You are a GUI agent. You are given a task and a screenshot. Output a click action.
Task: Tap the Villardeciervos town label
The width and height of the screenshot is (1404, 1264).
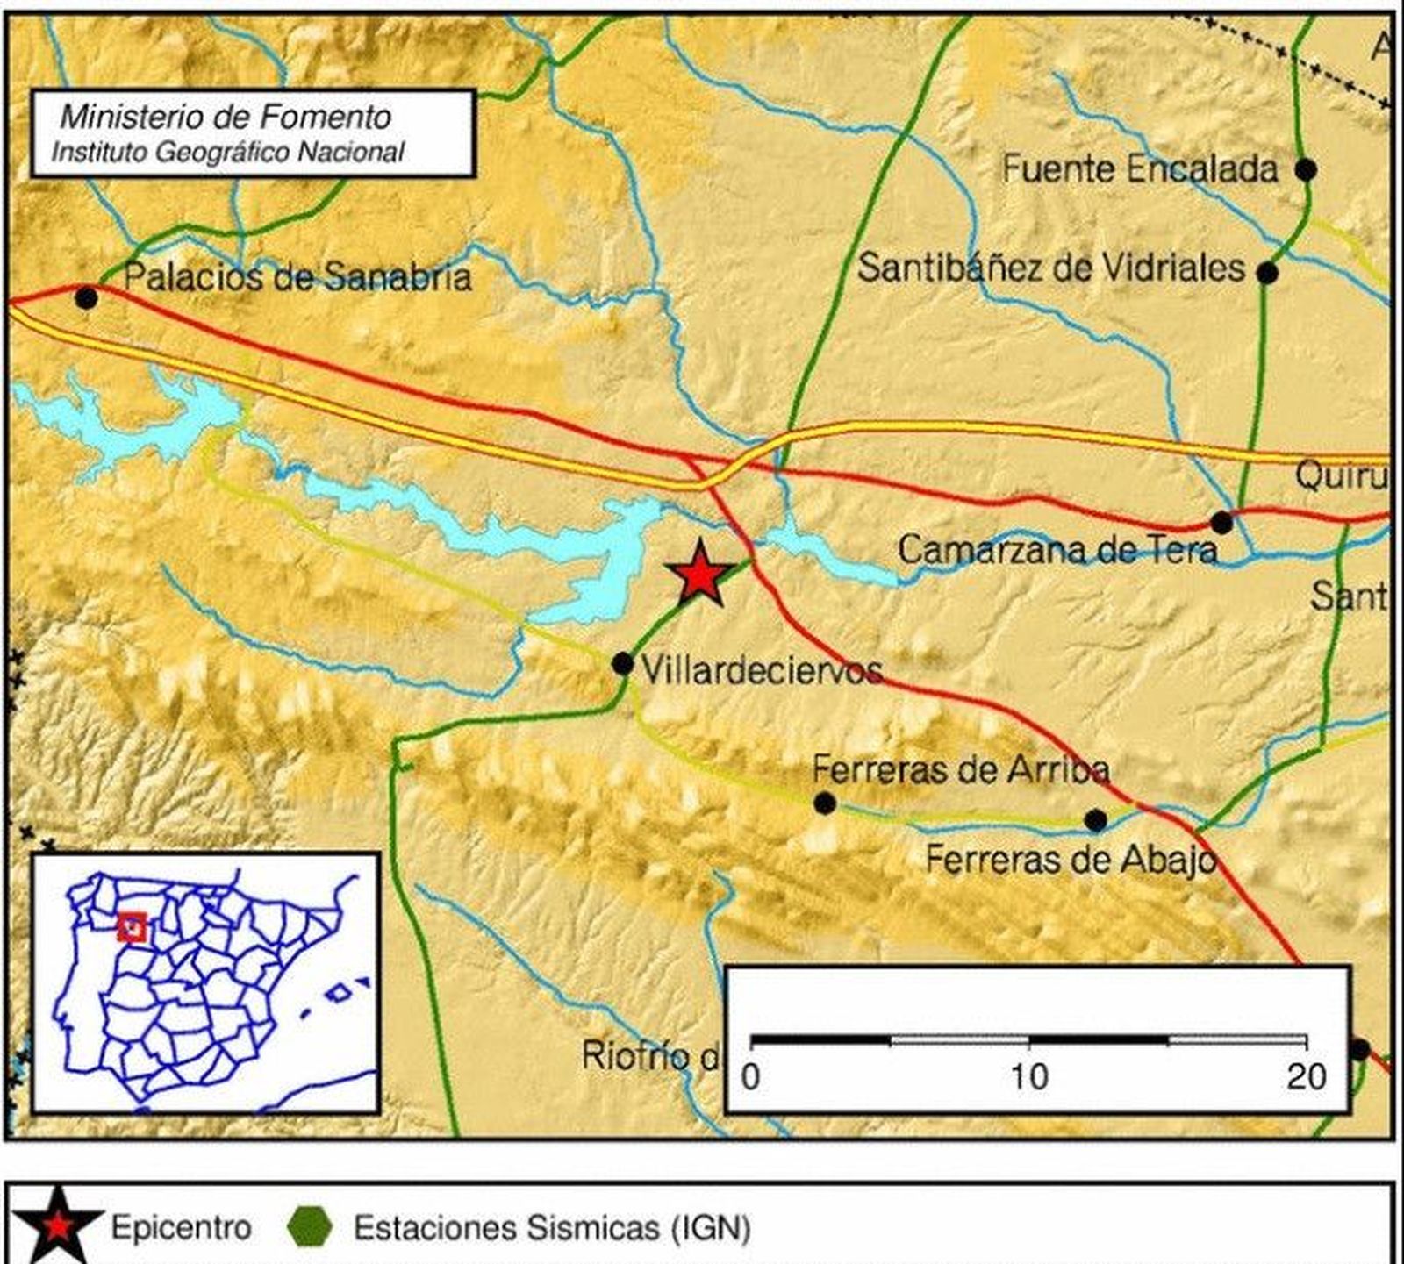[762, 671]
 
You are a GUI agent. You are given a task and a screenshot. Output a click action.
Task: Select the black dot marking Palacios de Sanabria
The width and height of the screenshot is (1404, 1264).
[85, 298]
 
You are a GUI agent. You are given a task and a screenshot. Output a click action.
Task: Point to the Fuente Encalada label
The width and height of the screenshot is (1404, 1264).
[1141, 169]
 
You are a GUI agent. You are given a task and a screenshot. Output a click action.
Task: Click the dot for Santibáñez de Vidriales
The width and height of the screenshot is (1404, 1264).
[1266, 273]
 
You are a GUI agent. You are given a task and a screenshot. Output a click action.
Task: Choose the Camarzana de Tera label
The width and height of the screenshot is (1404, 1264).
[1057, 551]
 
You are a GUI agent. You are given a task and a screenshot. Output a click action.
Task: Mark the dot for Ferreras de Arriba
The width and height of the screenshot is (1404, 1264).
[825, 803]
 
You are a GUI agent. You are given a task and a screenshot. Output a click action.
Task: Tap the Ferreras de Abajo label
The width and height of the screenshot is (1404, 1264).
[1071, 859]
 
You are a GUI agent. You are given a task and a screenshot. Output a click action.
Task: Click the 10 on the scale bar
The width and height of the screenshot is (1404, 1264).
[1028, 1076]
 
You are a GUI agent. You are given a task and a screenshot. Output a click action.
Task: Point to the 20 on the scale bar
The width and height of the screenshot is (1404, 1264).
[1307, 1076]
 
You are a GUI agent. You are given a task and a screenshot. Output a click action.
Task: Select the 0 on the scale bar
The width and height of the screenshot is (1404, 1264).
[750, 1076]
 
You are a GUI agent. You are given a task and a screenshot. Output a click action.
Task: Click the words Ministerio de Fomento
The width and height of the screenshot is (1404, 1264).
[226, 117]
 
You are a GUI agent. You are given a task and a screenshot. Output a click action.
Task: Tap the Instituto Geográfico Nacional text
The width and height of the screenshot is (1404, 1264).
[228, 152]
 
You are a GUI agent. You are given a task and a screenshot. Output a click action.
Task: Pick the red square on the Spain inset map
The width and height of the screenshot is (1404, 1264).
[132, 926]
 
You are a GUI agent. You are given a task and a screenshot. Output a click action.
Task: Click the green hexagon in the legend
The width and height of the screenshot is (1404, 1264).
[310, 1226]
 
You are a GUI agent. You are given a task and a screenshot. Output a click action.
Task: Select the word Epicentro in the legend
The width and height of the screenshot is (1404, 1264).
[181, 1227]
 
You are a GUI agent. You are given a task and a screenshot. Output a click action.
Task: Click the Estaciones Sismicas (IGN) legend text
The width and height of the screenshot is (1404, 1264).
[551, 1227]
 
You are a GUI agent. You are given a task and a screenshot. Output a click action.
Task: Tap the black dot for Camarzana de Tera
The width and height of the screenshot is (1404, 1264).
[1221, 523]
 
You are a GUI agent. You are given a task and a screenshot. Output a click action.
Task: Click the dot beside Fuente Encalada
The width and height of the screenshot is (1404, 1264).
[1306, 169]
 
